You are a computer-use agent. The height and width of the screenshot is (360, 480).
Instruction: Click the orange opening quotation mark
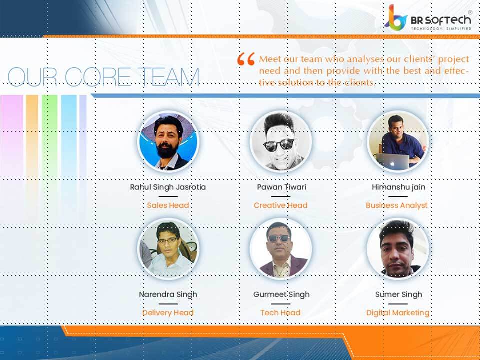click(x=246, y=59)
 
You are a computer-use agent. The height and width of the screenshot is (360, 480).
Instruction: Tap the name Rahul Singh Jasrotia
click(x=168, y=187)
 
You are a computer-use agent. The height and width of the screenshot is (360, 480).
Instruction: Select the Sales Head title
click(x=168, y=205)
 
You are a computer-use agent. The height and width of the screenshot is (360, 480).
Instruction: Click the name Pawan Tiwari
click(x=280, y=187)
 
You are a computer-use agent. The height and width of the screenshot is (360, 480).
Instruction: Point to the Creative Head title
click(x=280, y=205)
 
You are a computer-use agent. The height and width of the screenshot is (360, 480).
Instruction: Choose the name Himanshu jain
click(x=398, y=187)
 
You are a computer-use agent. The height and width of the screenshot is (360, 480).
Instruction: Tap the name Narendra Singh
click(x=168, y=295)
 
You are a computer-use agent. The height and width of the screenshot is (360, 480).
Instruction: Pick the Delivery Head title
click(x=168, y=313)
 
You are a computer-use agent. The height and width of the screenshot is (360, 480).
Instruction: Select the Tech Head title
click(x=280, y=313)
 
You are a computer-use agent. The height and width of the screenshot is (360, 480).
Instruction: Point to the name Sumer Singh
click(x=398, y=295)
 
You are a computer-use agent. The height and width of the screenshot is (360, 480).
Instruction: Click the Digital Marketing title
click(x=398, y=313)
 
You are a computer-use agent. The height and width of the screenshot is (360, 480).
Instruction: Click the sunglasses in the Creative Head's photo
click(x=279, y=145)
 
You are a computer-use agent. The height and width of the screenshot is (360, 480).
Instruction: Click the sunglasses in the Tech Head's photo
click(x=279, y=238)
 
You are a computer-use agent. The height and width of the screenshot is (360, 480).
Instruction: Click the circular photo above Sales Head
click(x=168, y=141)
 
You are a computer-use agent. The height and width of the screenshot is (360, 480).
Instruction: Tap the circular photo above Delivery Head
click(x=168, y=249)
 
